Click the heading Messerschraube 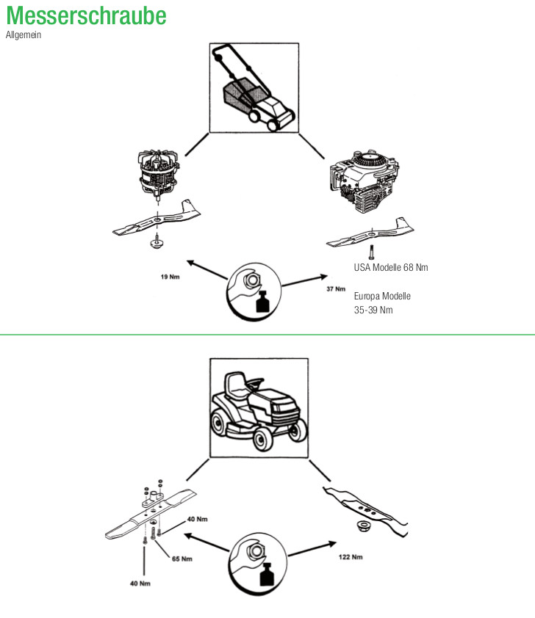pyautogui.click(x=86, y=15)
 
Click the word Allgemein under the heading pyautogui.click(x=24, y=35)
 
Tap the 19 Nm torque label pyautogui.click(x=169, y=277)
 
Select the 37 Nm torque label pyautogui.click(x=335, y=289)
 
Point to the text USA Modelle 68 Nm pyautogui.click(x=391, y=267)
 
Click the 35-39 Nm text pyautogui.click(x=373, y=310)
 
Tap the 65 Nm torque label pyautogui.click(x=182, y=559)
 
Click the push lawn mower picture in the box pyautogui.click(x=254, y=87)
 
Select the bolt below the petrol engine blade pyautogui.click(x=373, y=252)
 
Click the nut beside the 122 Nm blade pyautogui.click(x=362, y=526)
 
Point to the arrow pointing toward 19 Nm pyautogui.click(x=207, y=269)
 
